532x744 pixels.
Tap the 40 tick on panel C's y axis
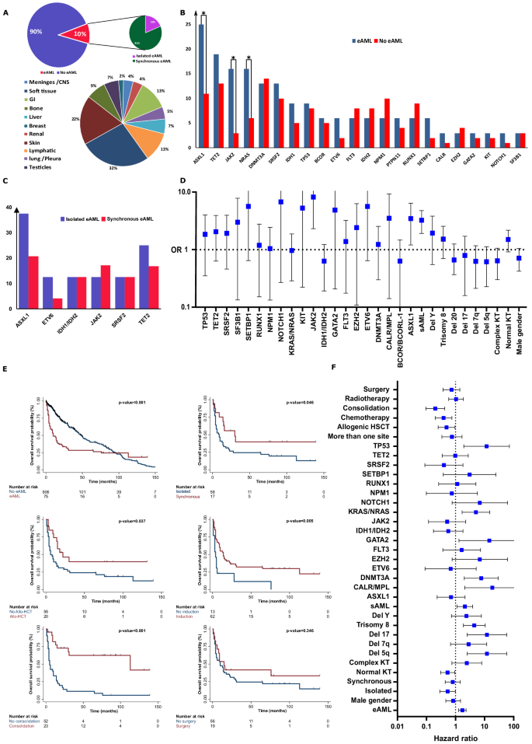(9, 208)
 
